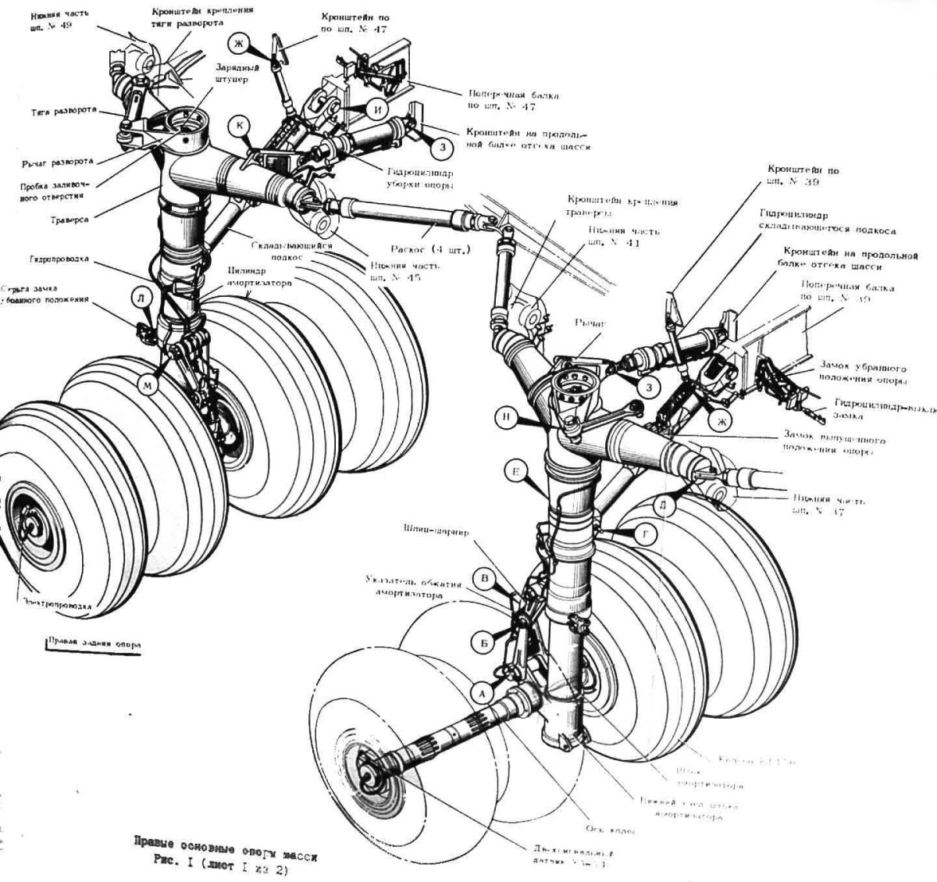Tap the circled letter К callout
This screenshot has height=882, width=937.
pyautogui.click(x=239, y=125)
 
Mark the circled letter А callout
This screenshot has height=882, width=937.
pyautogui.click(x=482, y=692)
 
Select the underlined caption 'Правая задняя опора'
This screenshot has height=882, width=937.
pyautogui.click(x=94, y=645)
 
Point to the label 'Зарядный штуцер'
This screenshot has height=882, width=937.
pyautogui.click(x=231, y=73)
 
